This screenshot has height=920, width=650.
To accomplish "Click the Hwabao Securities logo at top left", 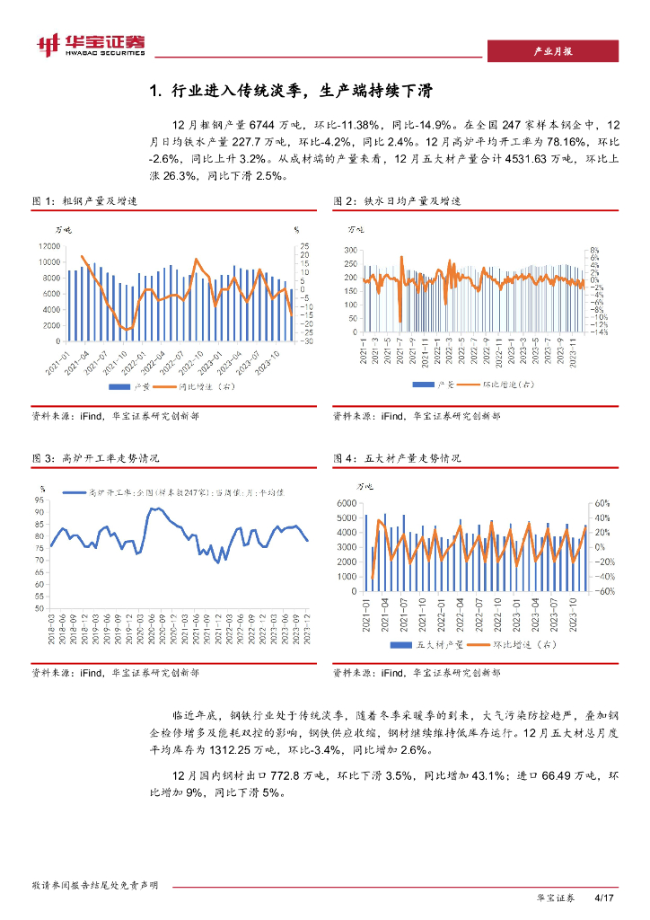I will click(90, 44).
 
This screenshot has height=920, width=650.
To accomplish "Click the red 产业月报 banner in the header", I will click(552, 51).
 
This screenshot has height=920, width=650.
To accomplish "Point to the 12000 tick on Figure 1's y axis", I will click(48, 246).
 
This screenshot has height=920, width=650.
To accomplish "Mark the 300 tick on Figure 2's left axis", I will click(351, 250).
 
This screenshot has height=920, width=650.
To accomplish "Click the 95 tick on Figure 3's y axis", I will click(40, 500).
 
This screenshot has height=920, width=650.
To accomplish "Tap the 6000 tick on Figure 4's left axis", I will click(347, 503).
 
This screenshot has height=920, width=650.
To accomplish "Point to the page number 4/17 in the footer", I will click(603, 898).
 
